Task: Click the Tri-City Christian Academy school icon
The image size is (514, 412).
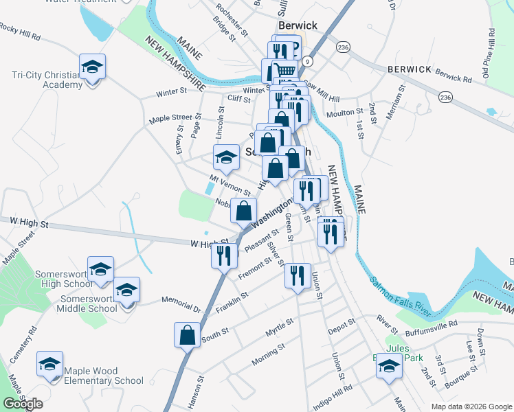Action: tap(92, 67)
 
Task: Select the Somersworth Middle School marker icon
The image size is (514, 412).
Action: tap(126, 290)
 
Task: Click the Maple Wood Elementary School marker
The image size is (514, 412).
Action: tap(49, 365)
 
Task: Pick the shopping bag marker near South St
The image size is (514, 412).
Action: tap(188, 336)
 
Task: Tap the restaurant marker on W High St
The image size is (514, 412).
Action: tap(224, 255)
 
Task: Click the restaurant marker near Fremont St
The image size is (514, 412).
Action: tap(298, 276)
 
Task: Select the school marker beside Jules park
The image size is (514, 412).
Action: tap(388, 366)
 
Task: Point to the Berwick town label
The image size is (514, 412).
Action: tap(298, 25)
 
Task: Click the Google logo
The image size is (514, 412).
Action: tap(23, 404)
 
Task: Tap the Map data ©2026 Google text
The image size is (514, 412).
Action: tap(471, 407)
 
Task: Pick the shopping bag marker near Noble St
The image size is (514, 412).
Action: tap(244, 211)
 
